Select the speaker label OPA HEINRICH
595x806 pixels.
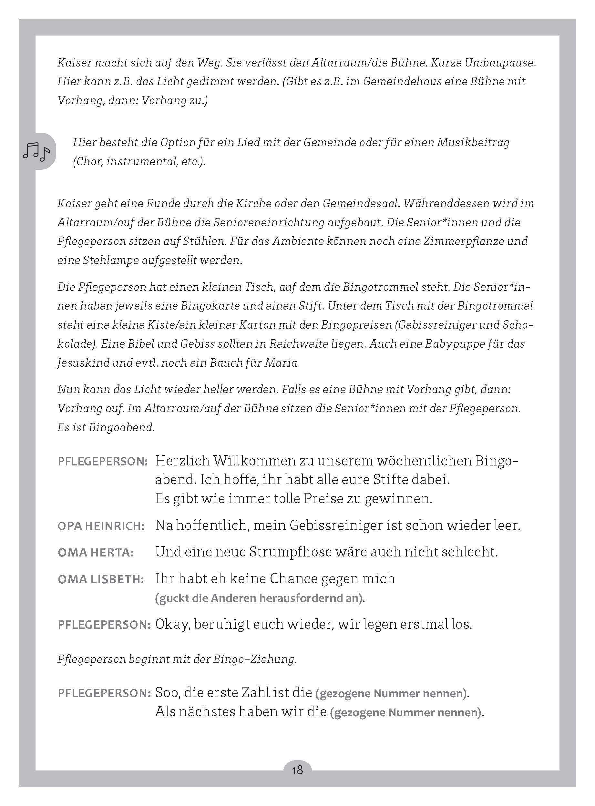point(101,526)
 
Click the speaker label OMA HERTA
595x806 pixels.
point(96,553)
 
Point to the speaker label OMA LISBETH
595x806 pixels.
point(101,579)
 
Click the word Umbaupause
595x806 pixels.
point(500,63)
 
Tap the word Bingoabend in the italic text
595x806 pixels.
point(121,427)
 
